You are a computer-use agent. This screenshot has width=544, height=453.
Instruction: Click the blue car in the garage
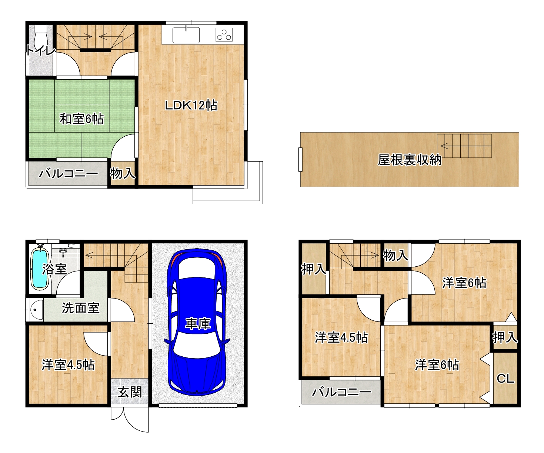197,322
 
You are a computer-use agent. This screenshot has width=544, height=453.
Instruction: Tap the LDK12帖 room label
191,105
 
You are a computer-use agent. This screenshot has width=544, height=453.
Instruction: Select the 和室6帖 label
82,119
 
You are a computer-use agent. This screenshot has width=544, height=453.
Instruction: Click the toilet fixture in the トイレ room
40,36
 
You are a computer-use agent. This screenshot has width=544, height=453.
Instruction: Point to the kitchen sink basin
186,35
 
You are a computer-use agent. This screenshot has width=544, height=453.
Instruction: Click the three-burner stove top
224,35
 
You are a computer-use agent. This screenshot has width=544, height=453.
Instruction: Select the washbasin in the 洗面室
36,310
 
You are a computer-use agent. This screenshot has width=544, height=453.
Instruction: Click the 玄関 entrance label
130,392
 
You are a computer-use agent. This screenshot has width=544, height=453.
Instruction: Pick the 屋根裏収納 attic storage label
409,160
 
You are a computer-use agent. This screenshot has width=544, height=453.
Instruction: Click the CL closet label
505,379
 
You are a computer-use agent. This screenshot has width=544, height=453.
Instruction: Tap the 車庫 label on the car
198,324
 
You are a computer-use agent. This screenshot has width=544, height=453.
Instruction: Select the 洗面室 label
80,308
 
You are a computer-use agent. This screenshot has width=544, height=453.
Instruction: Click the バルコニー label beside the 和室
69,173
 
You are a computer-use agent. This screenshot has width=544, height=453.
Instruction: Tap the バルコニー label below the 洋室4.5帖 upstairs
341,392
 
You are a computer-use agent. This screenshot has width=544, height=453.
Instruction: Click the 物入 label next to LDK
123,173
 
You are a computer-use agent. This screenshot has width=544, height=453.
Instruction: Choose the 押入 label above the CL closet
505,337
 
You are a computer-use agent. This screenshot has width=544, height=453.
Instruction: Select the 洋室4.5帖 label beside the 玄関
68,365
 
